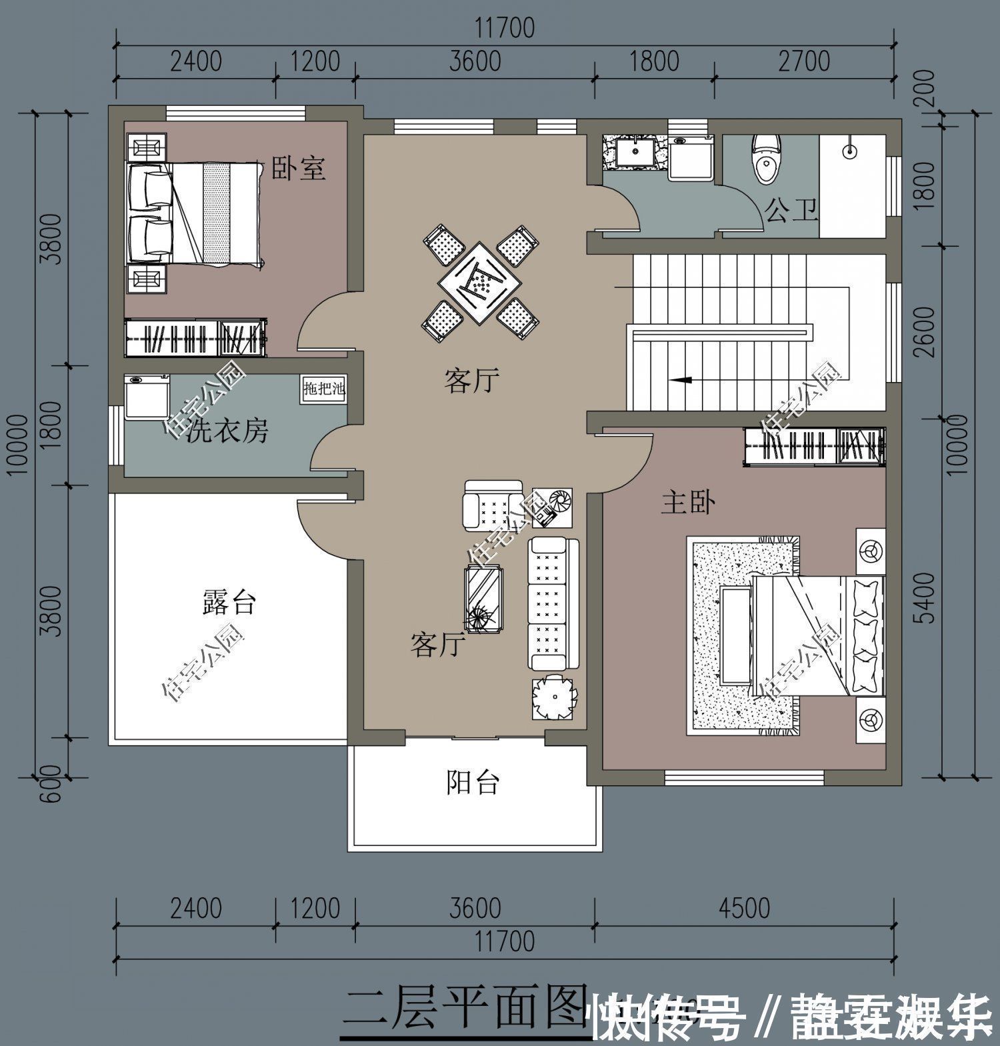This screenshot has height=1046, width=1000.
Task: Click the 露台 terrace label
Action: tap(229, 603)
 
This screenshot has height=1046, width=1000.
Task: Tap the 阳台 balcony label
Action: tap(472, 783)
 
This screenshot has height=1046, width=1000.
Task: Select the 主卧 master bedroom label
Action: tap(688, 503)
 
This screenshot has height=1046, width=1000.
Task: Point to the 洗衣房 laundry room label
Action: tap(227, 432)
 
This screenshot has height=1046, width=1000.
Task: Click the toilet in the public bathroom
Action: tap(766, 159)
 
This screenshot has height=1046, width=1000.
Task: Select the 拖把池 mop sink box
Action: tap(324, 389)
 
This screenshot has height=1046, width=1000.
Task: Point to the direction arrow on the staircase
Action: tap(681, 380)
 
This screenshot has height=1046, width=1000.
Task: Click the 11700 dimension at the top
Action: tap(505, 29)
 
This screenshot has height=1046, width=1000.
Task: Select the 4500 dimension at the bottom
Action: tap(745, 909)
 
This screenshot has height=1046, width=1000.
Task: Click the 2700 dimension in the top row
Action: tap(804, 61)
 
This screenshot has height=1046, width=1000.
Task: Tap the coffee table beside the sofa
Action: tap(485, 597)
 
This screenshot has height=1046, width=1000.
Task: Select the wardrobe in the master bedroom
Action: tap(814, 445)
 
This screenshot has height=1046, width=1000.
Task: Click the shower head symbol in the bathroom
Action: tap(849, 151)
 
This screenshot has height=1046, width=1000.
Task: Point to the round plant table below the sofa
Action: tap(553, 697)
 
